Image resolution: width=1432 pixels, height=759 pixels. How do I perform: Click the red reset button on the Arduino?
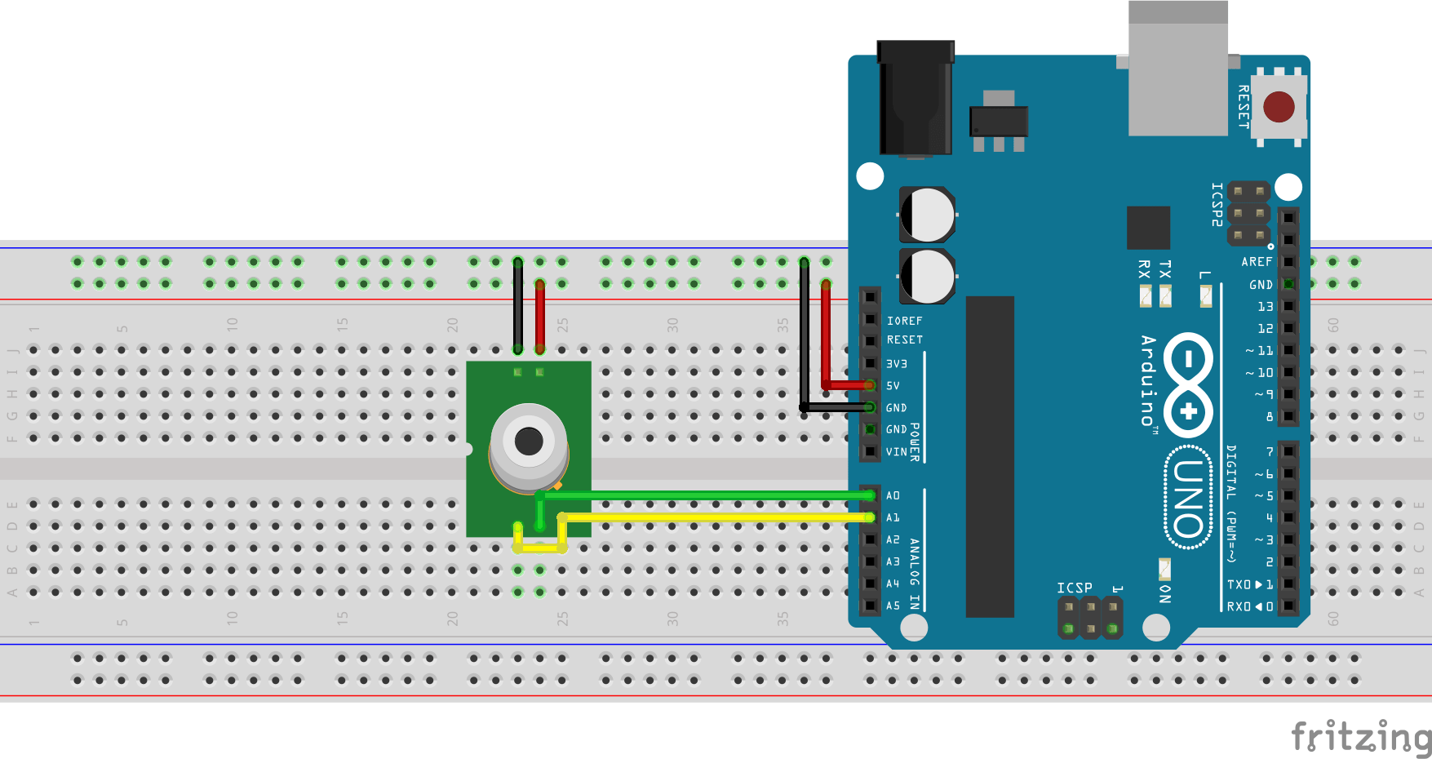tap(1278, 107)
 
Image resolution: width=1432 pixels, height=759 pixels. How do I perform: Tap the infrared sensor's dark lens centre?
tap(529, 442)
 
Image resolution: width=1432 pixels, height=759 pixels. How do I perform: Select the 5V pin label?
tap(893, 386)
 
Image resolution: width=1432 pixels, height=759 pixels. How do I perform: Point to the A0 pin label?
tap(893, 495)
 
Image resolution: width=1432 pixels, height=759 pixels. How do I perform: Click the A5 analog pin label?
tap(893, 606)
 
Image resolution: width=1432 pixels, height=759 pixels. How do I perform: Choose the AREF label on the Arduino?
tap(1257, 262)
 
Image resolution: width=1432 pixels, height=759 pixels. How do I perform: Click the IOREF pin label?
tap(904, 321)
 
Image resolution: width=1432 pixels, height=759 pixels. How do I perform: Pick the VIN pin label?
tap(896, 451)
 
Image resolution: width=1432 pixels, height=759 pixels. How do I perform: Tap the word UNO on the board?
tap(1188, 498)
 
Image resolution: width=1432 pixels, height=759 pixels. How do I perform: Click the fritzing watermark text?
tap(1360, 737)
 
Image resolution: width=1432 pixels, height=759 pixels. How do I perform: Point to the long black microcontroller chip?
tap(990, 457)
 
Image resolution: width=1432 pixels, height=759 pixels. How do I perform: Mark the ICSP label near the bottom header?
tap(1074, 588)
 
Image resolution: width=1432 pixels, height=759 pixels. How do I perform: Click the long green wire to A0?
tap(710, 495)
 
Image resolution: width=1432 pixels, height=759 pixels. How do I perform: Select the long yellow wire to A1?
tap(718, 517)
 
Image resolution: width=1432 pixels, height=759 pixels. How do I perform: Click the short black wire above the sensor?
tap(518, 306)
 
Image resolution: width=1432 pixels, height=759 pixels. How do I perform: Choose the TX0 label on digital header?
tap(1239, 584)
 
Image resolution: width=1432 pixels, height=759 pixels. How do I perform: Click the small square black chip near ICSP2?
tap(1148, 228)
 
